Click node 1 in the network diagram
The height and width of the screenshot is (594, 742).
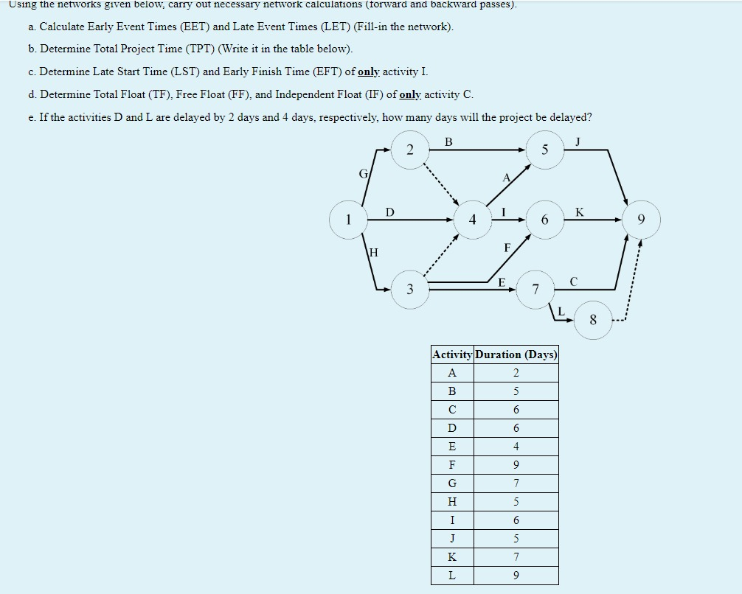(348, 220)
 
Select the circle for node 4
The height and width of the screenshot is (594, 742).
(473, 220)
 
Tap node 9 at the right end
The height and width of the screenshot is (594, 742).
(641, 220)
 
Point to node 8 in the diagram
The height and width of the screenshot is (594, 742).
(593, 320)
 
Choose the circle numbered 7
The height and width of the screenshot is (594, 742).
(536, 288)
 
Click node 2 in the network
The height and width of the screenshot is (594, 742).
(410, 150)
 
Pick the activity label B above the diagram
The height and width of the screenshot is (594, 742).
(449, 142)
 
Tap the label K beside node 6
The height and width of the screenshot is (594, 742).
(579, 212)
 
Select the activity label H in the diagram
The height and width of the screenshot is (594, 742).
(373, 252)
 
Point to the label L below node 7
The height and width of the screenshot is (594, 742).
(561, 312)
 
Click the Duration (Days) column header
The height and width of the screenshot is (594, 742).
(516, 354)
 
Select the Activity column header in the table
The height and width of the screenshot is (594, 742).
(453, 354)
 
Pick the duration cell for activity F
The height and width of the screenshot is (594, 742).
(516, 465)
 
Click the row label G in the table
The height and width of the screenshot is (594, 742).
(452, 483)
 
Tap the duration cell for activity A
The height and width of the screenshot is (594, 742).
(516, 373)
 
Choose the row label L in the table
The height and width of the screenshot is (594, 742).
(452, 576)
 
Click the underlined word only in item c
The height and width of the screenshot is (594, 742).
(368, 71)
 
